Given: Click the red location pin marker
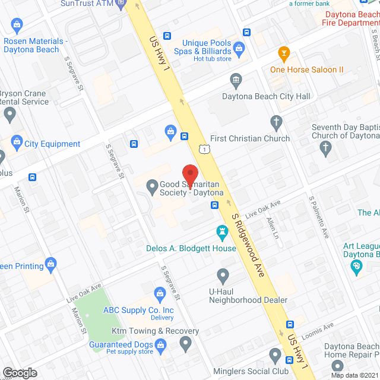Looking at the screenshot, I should click(x=189, y=176).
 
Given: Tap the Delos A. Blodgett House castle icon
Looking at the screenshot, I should click(x=223, y=230).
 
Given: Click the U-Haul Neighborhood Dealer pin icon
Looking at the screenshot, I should click(x=223, y=275).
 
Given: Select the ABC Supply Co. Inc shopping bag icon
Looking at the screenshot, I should click(x=160, y=293).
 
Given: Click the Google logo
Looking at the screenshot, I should click(x=20, y=372).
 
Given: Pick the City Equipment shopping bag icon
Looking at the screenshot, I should click(x=15, y=144).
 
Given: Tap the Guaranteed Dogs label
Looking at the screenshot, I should click(x=121, y=344).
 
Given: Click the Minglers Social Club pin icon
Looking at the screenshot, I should click(x=275, y=356).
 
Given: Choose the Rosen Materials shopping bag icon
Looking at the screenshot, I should click(x=16, y=25).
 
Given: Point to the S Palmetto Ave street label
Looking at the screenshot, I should click(x=318, y=218).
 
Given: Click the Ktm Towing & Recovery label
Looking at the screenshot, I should click(x=156, y=331).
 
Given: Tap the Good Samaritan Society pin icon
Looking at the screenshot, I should click(x=151, y=185).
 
